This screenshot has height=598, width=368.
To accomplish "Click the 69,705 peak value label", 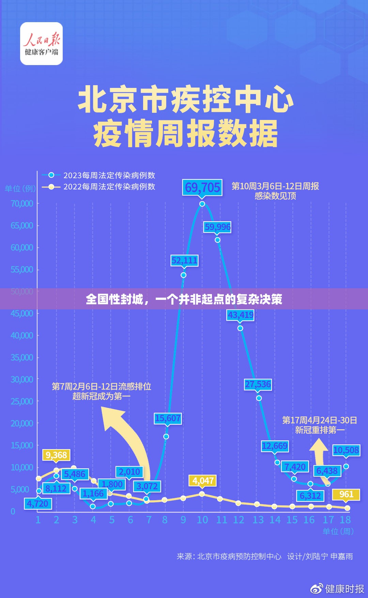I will tap(202, 187).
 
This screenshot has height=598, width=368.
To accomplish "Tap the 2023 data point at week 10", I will tap(202, 204).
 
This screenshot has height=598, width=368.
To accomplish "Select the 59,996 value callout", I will tap(217, 227).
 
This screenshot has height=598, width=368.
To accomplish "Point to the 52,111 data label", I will tap(184, 261).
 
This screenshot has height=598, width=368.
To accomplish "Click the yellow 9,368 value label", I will tap(56, 455).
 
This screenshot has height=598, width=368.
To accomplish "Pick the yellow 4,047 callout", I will tap(203, 481).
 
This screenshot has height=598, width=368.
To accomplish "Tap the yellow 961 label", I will tap(346, 494).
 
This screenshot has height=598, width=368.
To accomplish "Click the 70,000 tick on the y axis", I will tap(22, 203).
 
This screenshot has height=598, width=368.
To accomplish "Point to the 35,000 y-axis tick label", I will tap(22, 357).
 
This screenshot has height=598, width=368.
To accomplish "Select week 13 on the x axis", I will tap(258, 520).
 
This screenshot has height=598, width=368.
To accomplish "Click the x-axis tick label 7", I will tap(149, 520).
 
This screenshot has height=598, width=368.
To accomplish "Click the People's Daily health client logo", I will tap(42, 44).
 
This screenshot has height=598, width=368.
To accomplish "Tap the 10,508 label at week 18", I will tap(346, 450).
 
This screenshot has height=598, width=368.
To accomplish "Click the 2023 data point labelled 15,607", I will tap(166, 436).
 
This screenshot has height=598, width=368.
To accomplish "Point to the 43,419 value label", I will tap(241, 315).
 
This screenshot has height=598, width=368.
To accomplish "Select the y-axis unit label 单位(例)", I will tap(20, 188).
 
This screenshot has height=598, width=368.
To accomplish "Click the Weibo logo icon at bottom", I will tap(317, 588).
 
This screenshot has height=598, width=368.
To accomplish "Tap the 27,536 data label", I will tap(258, 384).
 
